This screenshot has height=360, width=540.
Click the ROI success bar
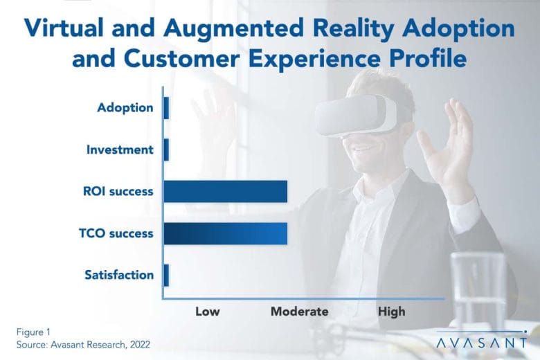click(x=226, y=191)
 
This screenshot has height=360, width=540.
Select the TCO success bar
click(x=226, y=233)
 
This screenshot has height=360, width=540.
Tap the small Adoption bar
click(x=166, y=108)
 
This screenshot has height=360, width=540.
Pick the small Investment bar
click(x=166, y=150)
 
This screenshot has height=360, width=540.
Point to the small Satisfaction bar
click(x=166, y=276)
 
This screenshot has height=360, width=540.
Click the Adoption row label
click(x=125, y=108)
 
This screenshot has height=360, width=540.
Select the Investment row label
click(x=120, y=150)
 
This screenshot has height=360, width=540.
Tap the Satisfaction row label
click(x=119, y=275)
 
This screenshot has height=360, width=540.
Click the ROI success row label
click(x=118, y=191)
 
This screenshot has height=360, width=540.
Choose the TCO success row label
click(x=116, y=233)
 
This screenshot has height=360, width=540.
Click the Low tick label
click(x=208, y=312)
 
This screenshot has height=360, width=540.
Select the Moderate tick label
click(x=300, y=312)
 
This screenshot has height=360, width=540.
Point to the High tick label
click(x=392, y=312)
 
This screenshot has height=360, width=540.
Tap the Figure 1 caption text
click(x=33, y=332)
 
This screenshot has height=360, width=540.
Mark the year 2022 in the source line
click(x=140, y=345)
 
